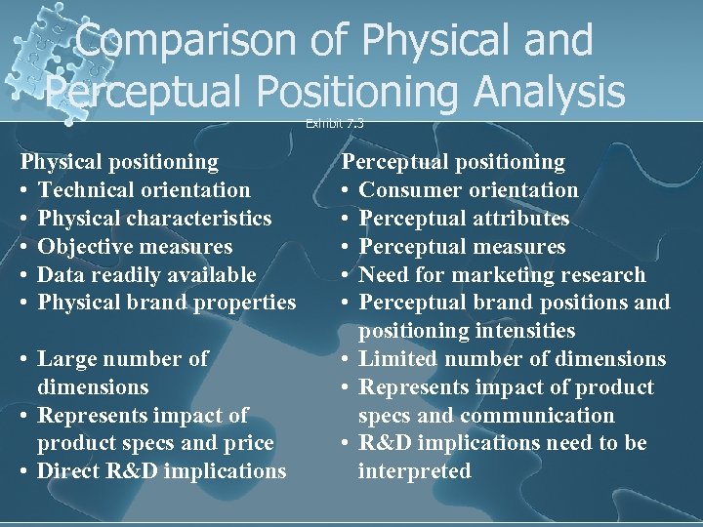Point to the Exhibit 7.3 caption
[x=334, y=123]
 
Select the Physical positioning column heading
[x=120, y=161]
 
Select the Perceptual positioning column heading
[x=452, y=161]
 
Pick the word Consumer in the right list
[x=408, y=189]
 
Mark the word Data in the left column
[x=61, y=274]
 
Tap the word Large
[x=66, y=359]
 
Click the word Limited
[x=398, y=359]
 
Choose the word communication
[x=537, y=416]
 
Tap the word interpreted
[x=414, y=471]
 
